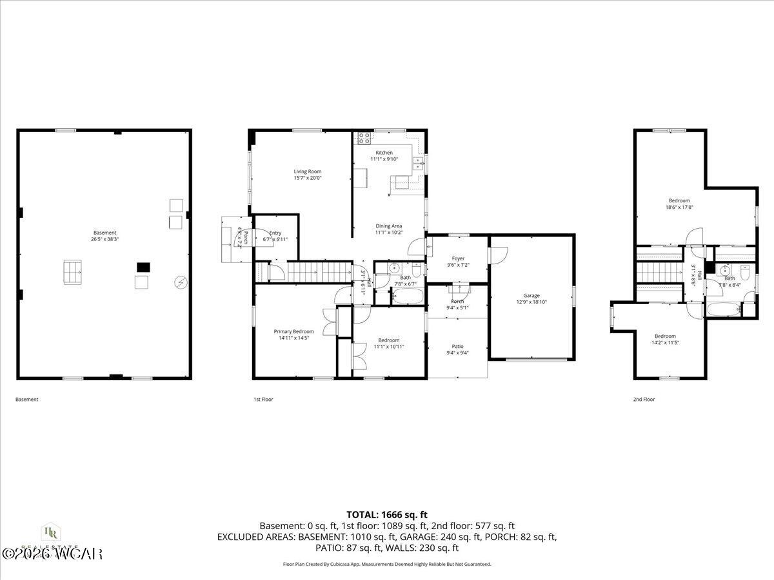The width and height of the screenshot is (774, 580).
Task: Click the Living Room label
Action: [307, 171]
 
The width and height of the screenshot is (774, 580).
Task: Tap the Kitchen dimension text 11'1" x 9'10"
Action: [384, 159]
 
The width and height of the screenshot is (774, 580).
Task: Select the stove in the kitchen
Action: [364, 137]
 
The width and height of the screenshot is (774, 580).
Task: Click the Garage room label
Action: [531, 295]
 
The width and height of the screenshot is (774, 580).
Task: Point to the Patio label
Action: [457, 346]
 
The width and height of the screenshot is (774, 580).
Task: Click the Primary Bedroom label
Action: [293, 331]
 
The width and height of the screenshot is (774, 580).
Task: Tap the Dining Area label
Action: [389, 226]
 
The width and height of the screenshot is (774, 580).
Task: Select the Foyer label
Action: [458, 258]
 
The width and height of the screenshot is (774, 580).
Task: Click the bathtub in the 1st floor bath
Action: [408, 297]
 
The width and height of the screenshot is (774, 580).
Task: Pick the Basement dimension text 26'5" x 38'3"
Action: [105, 239]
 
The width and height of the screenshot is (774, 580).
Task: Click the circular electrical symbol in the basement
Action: [180, 282]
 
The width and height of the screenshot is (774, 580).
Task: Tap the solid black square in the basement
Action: [143, 266]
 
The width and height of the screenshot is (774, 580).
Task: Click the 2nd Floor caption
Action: [644, 400]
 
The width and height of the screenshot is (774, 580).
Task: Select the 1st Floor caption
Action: [263, 400]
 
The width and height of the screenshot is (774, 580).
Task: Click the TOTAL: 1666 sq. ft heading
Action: [387, 514]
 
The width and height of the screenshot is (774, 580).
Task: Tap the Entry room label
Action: [275, 233]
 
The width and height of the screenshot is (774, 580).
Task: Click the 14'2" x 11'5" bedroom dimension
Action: [665, 343]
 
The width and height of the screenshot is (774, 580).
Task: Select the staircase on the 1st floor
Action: [319, 272]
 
